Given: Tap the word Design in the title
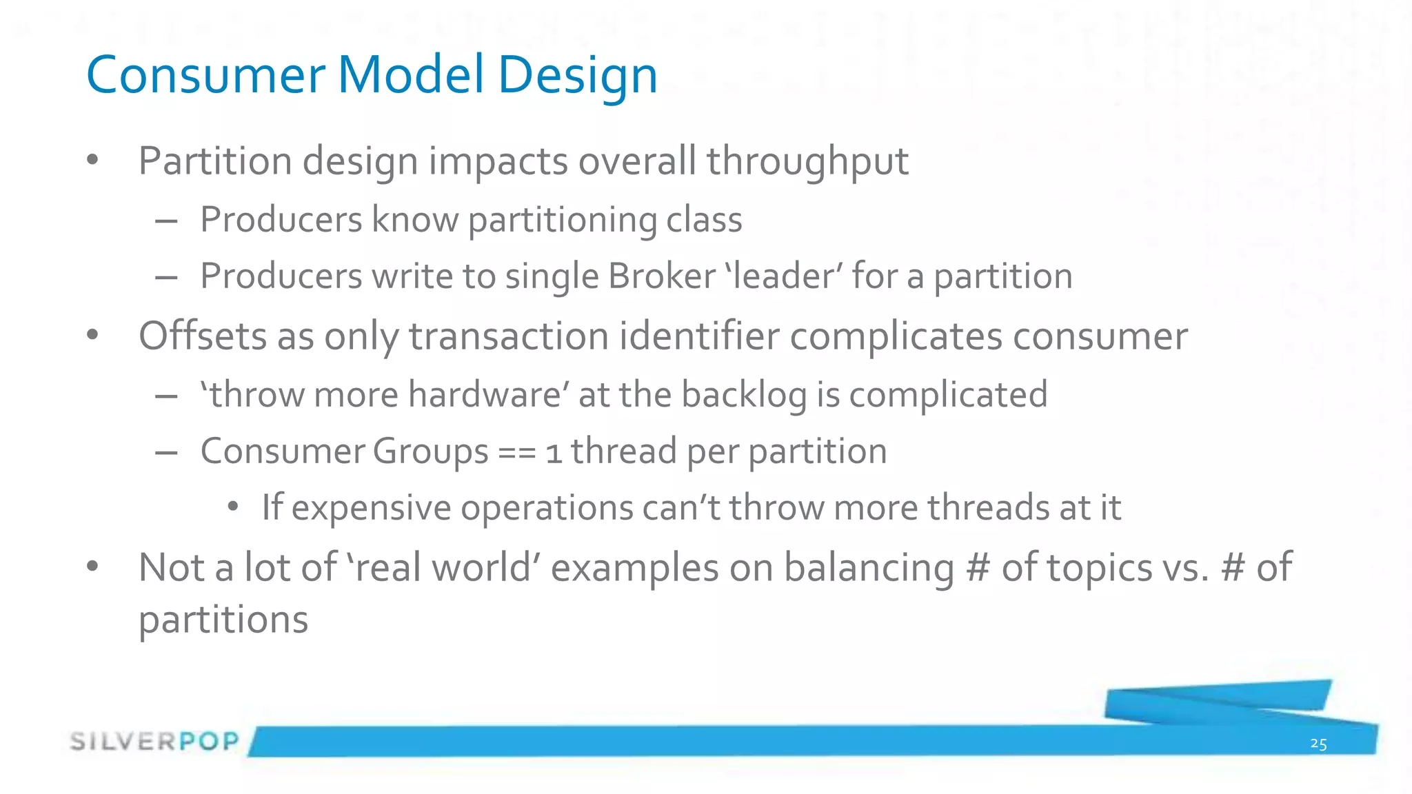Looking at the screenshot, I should pos(578,76).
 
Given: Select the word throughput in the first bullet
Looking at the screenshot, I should pos(807,163).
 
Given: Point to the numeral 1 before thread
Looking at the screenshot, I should pos(554,454).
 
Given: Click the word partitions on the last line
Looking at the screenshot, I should pos(223,620).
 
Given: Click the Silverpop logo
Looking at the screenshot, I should pos(154,742).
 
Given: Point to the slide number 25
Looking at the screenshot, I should pos(1318,744).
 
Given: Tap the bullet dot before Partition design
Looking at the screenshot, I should pos(93,161).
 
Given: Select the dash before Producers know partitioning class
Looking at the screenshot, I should pos(166,221).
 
